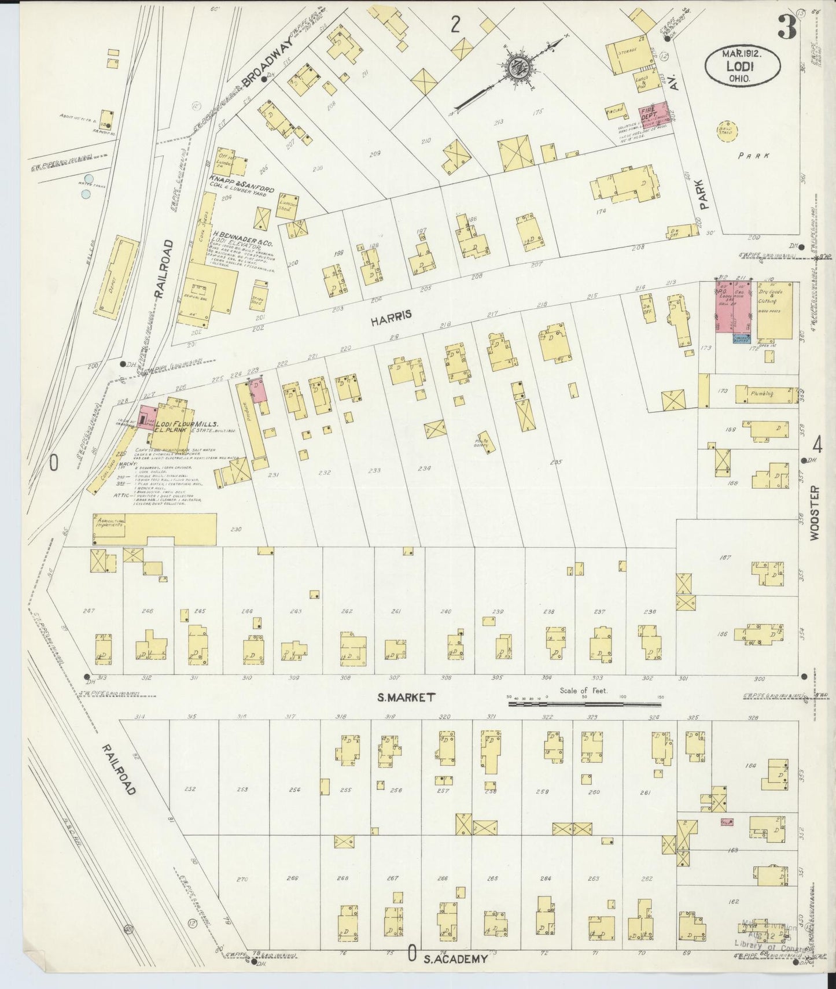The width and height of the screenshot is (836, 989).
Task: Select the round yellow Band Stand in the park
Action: [723, 129]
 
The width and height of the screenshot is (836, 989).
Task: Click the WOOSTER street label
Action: [816, 513]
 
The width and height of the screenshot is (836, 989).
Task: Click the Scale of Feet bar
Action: [584, 704]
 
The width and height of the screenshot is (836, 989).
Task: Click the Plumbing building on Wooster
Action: [764, 394]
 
